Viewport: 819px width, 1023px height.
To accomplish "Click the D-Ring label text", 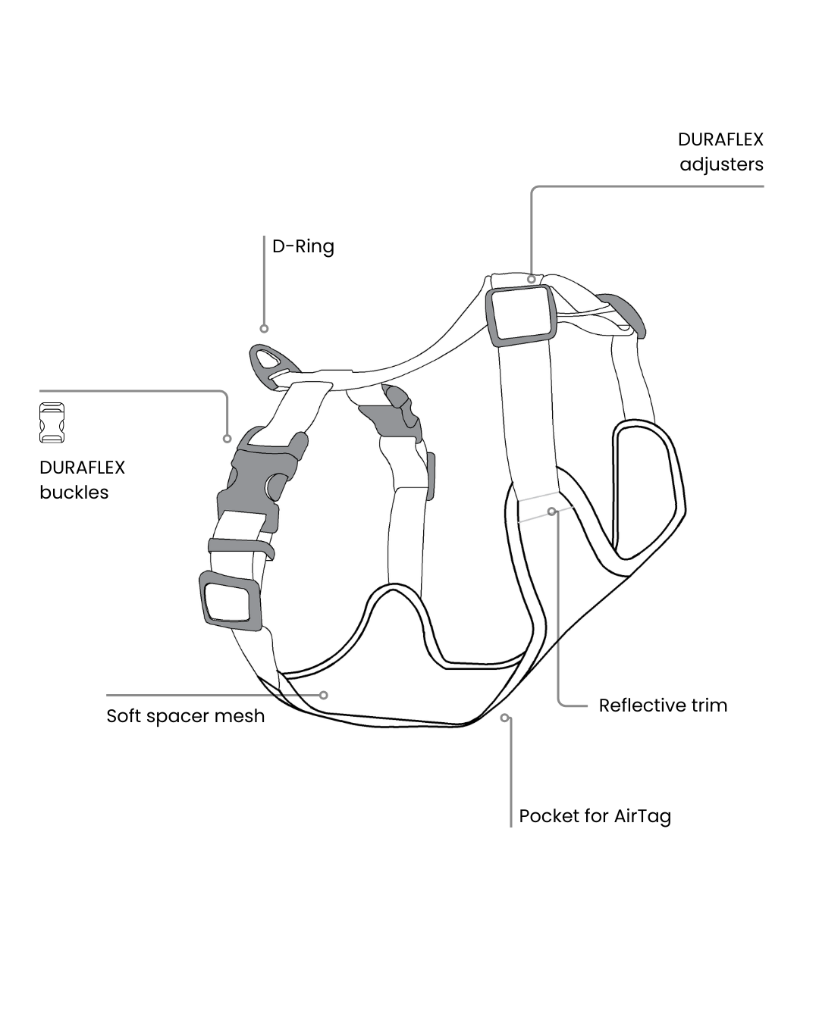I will pyautogui.click(x=303, y=247).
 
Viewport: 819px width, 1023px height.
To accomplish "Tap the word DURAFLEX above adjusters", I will pyautogui.click(x=720, y=139).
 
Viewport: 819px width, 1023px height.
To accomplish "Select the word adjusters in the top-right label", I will pyautogui.click(x=721, y=165).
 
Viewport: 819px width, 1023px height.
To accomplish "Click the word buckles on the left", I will pyautogui.click(x=74, y=493).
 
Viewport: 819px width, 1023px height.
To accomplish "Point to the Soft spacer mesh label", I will pyautogui.click(x=185, y=716).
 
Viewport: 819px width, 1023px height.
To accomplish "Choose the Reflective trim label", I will pyautogui.click(x=663, y=705).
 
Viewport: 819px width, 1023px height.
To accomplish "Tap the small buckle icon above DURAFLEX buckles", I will pyautogui.click(x=52, y=423).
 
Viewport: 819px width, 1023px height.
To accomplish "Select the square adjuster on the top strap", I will pyautogui.click(x=520, y=313).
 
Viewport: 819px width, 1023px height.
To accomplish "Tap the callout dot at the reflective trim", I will pyautogui.click(x=552, y=511).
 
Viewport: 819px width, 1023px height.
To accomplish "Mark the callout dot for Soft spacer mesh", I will pyautogui.click(x=324, y=695).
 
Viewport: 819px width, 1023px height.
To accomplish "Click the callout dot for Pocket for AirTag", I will pyautogui.click(x=504, y=717).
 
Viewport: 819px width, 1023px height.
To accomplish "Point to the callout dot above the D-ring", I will pyautogui.click(x=264, y=328).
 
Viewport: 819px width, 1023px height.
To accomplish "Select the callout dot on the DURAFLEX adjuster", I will pyautogui.click(x=532, y=279).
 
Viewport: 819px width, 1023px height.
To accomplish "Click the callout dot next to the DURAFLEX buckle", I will pyautogui.click(x=227, y=439).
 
